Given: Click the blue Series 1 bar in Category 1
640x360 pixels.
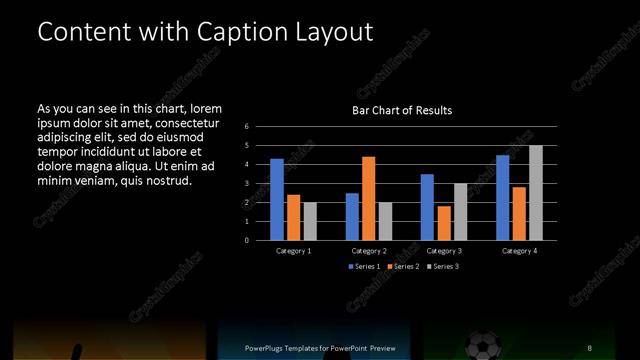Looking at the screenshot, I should (x=277, y=199).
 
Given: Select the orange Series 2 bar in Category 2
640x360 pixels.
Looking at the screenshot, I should (x=368, y=198).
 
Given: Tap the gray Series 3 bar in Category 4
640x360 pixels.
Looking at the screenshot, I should (x=535, y=192).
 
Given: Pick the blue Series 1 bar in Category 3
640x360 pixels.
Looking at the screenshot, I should (x=427, y=207).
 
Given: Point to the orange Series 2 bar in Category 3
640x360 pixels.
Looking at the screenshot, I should (x=443, y=223).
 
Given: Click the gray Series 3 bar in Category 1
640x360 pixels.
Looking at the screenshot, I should (x=309, y=221).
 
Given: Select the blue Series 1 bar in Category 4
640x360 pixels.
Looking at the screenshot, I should (x=503, y=197).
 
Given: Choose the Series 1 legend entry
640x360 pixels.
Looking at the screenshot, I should (x=364, y=266).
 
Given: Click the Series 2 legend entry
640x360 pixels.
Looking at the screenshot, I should (x=403, y=266).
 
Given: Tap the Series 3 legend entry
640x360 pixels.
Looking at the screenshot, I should (x=442, y=266).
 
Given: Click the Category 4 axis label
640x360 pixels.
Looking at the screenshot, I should (x=519, y=250).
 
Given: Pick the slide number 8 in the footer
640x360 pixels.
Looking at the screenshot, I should (x=590, y=347).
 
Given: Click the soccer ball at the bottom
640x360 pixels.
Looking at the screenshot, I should (x=483, y=346).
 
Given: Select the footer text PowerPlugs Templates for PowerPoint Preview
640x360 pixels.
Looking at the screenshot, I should (x=320, y=347).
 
